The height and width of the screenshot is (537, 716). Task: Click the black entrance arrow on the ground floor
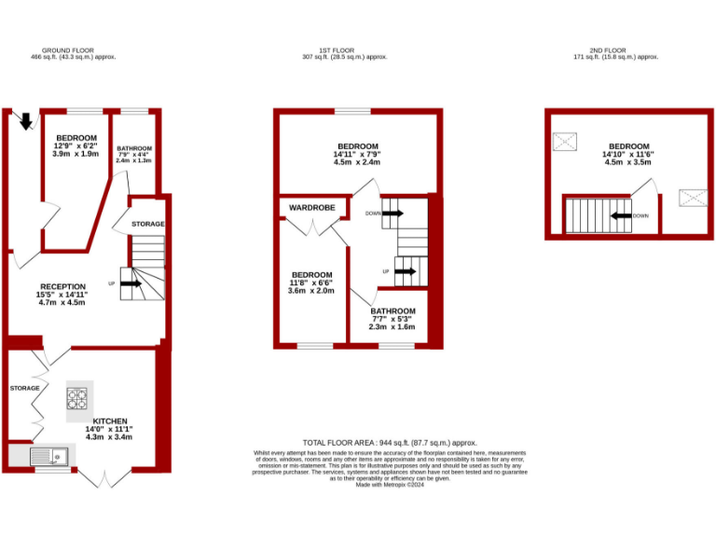coord(25,120)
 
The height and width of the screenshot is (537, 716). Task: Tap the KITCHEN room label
coord(110,420)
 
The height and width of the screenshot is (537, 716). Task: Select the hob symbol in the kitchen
coord(77,399)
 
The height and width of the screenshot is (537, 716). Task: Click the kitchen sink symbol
coord(48,456)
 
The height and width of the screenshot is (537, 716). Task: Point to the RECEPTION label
coord(62,286)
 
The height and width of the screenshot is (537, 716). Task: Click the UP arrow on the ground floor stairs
coord(130,283)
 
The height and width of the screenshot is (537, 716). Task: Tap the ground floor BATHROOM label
coord(134,148)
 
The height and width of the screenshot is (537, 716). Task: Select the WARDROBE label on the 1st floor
coord(311,207)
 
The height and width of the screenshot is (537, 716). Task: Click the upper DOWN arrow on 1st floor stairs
coord(392,213)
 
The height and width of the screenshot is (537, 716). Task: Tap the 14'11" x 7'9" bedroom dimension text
coord(358,155)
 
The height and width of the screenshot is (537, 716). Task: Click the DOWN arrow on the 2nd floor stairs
coord(620,215)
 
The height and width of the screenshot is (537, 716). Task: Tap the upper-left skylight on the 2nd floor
coord(565,142)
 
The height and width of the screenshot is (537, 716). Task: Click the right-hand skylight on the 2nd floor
coord(692,197)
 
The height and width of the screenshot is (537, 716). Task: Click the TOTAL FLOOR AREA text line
coord(390,442)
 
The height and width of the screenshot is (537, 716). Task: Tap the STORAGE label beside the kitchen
coord(25,388)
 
